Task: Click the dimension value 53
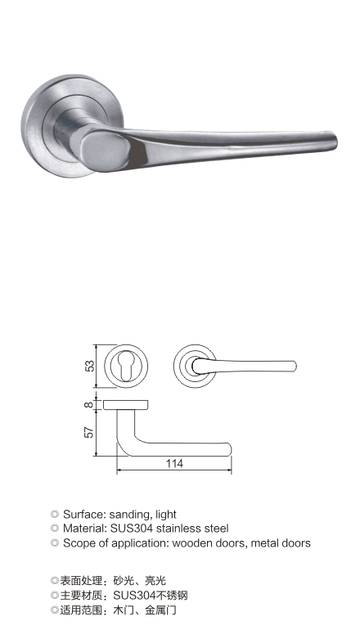pos(90,366)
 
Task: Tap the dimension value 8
pos(89,405)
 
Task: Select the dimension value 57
pos(90,432)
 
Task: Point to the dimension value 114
pos(174,464)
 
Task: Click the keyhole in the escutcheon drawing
pos(126,367)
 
